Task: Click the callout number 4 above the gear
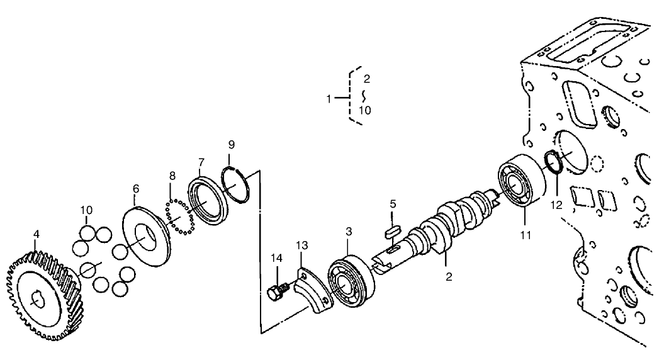click(x=37, y=234)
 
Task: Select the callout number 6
click(x=135, y=188)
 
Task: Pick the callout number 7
click(x=200, y=162)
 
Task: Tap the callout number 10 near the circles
click(x=87, y=209)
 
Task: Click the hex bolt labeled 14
click(x=276, y=292)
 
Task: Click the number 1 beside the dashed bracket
click(x=329, y=98)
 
